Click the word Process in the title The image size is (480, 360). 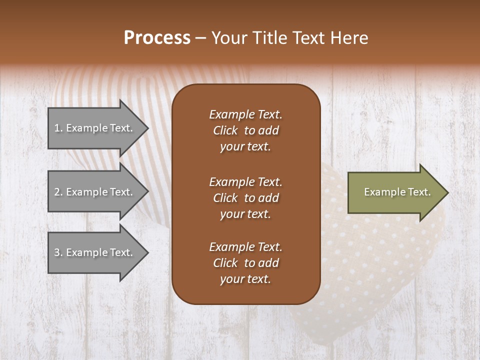coord(157,38)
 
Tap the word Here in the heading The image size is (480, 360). coord(349,38)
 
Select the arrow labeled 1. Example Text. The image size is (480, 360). coord(95,128)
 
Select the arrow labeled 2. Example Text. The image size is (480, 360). coord(95,192)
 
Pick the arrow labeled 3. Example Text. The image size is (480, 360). coord(95,252)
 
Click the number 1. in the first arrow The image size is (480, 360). coord(58,128)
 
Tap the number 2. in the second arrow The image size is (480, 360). coord(58,192)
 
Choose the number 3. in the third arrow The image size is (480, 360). coord(58,252)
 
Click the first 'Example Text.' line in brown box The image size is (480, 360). coord(245,114)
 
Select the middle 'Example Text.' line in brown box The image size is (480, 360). coord(245,181)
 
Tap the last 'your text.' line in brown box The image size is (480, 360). coord(245,279)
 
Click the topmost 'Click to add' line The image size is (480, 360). coord(245,130)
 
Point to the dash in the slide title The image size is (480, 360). coord(200,38)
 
